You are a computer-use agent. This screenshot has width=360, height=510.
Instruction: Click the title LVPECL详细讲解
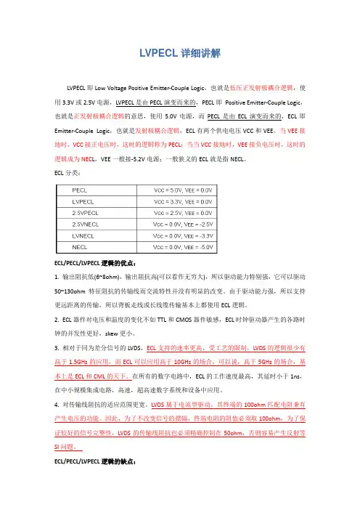(x=180, y=54)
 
